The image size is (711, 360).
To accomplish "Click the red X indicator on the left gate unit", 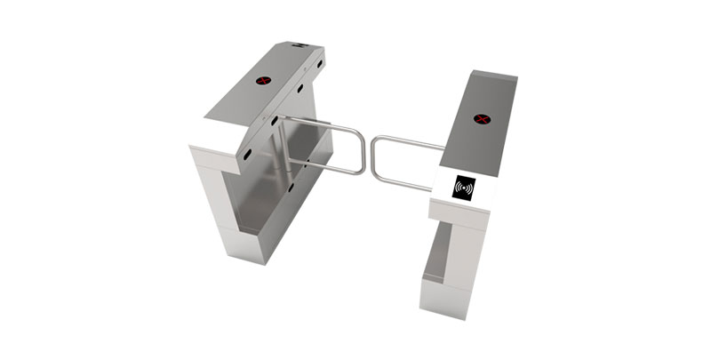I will coord(263,82).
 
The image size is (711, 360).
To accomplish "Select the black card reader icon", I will coord(464,188).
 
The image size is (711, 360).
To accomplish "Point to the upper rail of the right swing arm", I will coord(409,141).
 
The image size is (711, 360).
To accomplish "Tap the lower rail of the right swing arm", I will coord(404,181).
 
